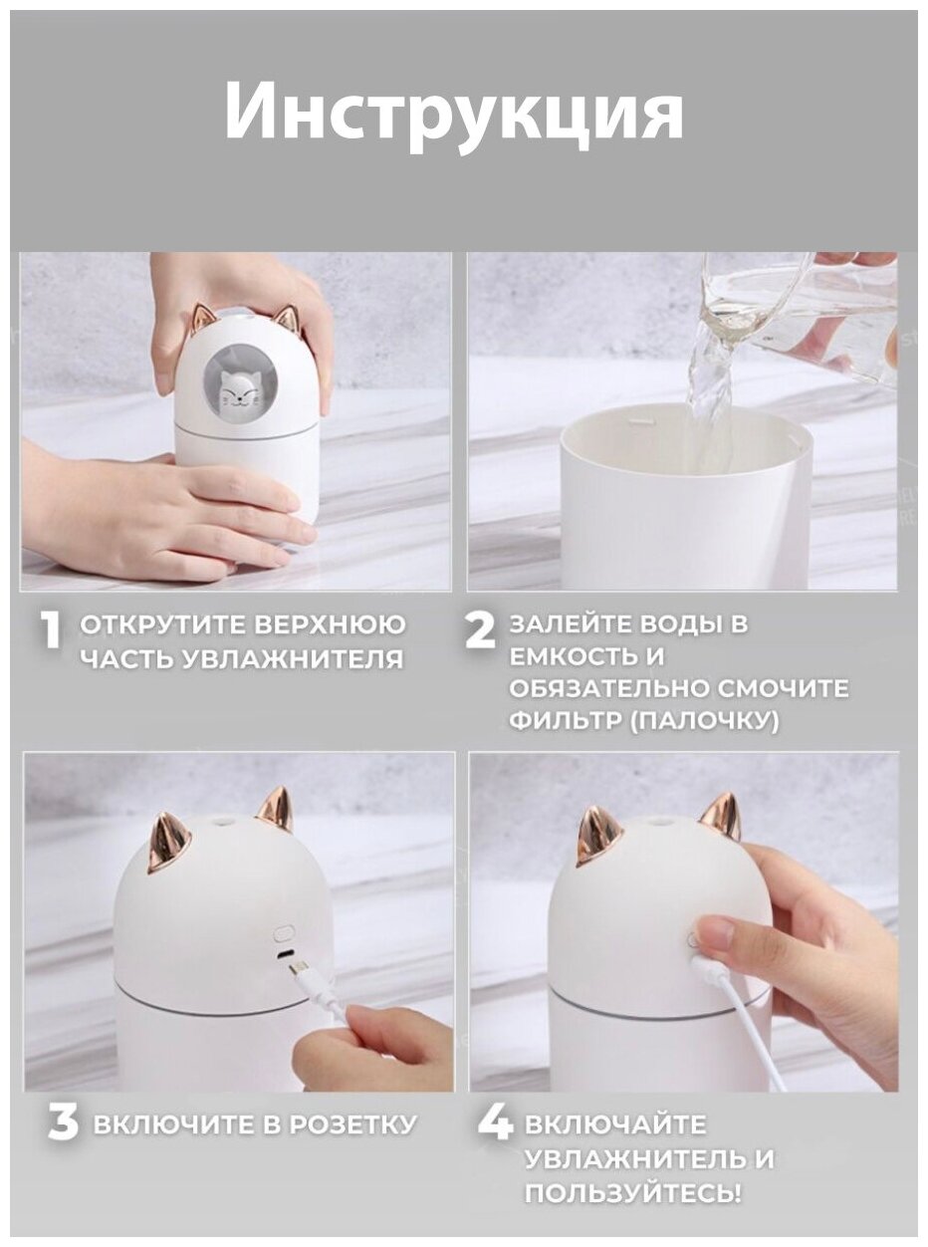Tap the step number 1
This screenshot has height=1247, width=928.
pyautogui.click(x=52, y=630)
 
